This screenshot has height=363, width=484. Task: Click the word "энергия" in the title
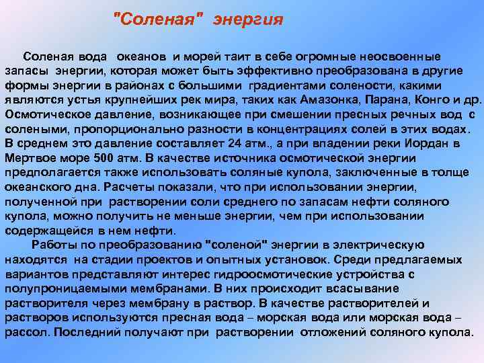tap(248, 19)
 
